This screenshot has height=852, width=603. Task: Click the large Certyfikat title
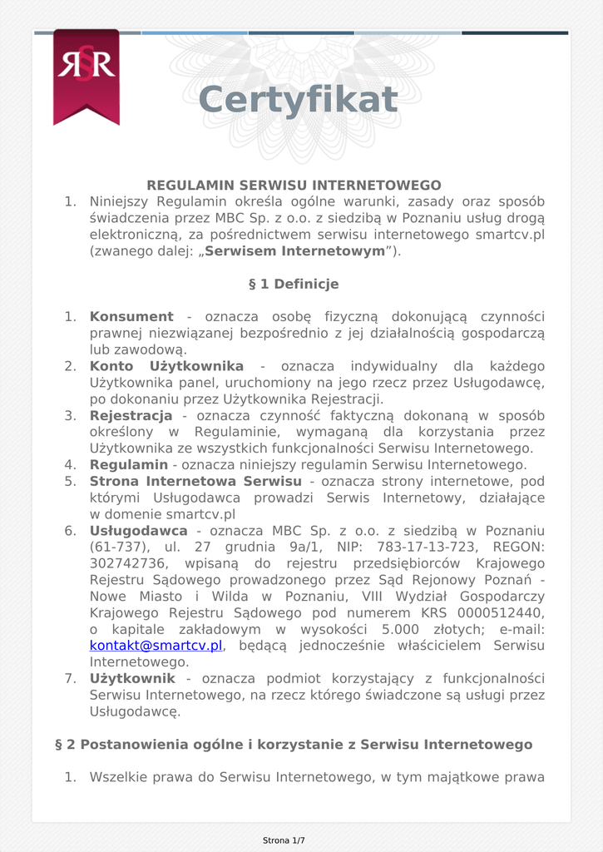point(298,100)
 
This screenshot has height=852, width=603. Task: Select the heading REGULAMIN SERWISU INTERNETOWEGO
point(294,186)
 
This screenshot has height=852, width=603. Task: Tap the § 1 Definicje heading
point(294,285)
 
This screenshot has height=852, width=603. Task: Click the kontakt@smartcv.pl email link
point(156,646)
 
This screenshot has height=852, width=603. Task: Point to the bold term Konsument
point(131,317)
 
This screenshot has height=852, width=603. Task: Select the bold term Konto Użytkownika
point(166,366)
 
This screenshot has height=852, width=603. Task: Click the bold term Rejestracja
point(131,415)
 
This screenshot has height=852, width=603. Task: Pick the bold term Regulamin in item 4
point(128,465)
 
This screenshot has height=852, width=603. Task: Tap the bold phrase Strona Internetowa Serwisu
point(195,481)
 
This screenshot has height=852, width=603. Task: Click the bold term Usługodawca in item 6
point(138,531)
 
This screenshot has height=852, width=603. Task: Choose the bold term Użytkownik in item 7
point(132,679)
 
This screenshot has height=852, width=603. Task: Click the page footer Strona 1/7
point(284,840)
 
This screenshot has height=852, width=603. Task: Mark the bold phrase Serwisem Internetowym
point(294,251)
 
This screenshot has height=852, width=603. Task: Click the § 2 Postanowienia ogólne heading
point(294,744)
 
